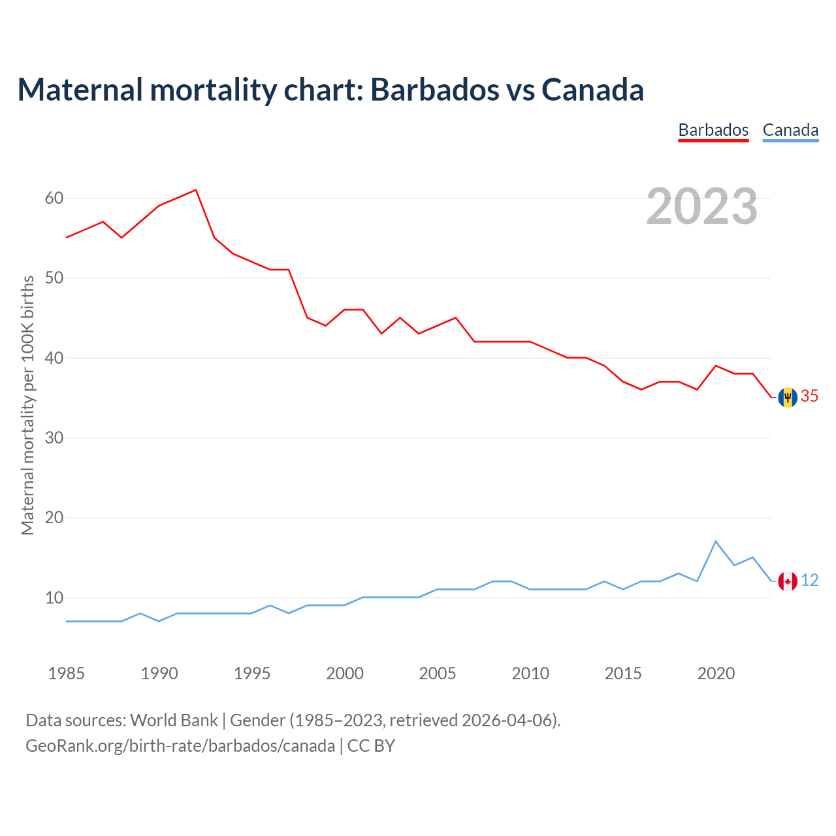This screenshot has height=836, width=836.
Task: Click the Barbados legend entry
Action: coord(713,130)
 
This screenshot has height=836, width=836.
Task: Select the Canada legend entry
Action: coord(790,130)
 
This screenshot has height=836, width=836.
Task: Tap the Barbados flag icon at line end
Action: coord(788,397)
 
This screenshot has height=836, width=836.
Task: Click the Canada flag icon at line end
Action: coord(788,581)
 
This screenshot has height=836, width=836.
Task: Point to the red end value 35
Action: coord(810,396)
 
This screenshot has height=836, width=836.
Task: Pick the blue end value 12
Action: coord(810,580)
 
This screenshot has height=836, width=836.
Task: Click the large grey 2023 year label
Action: coord(702,206)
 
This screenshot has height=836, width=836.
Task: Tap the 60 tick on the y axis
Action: coord(54,198)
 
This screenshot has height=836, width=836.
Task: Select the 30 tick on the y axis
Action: coord(54,438)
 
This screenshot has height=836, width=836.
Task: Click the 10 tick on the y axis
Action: coord(54,598)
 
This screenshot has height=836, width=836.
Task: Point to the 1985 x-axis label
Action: coord(67,673)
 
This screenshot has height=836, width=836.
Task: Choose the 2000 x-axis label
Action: coord(345,673)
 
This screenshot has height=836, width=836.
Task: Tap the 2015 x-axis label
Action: coord(623,673)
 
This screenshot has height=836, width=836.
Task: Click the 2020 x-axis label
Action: coord(716,673)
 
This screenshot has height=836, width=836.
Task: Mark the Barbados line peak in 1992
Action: coord(196,190)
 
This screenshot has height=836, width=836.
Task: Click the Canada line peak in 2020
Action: coord(716,541)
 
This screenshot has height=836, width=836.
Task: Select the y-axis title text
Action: coord(27,405)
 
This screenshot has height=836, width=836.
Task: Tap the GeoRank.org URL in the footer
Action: coord(180,746)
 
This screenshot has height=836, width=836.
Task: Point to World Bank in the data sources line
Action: coord(174,720)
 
